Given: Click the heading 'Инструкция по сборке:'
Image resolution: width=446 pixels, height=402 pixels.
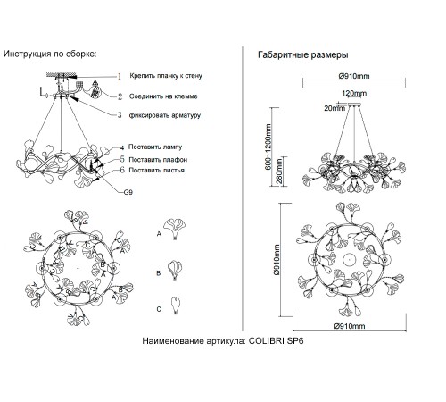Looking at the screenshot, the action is (x=50, y=54).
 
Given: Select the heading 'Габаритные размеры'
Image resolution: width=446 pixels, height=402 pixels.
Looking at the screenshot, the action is (x=303, y=54).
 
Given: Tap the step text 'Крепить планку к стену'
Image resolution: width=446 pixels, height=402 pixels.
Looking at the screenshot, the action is (x=166, y=76).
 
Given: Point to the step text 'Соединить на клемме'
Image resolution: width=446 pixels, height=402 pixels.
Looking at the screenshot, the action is (x=163, y=96).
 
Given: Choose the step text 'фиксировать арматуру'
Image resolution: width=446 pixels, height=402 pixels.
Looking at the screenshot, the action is (x=165, y=115).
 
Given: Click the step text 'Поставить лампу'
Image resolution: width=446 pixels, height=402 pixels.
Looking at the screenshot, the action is (x=155, y=147).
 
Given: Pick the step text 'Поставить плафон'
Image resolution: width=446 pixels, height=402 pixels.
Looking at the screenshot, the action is (x=158, y=160).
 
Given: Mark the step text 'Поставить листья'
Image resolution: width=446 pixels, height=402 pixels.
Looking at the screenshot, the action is (x=156, y=171).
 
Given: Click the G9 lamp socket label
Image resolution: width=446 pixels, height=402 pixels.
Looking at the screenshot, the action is (x=128, y=192).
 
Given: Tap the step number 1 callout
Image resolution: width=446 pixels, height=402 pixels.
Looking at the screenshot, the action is (x=120, y=77).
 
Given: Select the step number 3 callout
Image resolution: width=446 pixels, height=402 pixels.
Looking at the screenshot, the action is (x=120, y=115).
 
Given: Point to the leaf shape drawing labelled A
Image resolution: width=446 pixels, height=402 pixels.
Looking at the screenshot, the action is (x=174, y=229).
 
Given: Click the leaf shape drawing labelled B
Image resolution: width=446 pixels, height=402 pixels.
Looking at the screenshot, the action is (x=175, y=270).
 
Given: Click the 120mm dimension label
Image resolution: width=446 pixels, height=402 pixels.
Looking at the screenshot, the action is (x=354, y=93).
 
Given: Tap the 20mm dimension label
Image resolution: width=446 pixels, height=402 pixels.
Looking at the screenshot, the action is (x=334, y=108).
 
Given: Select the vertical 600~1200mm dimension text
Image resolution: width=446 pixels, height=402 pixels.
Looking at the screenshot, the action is (x=268, y=147).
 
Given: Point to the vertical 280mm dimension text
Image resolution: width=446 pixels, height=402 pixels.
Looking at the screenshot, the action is (x=280, y=172).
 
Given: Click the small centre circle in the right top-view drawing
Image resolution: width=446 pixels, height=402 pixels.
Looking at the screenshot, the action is (x=349, y=260).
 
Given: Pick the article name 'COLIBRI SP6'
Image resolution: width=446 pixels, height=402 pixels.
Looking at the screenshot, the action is (x=276, y=340).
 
